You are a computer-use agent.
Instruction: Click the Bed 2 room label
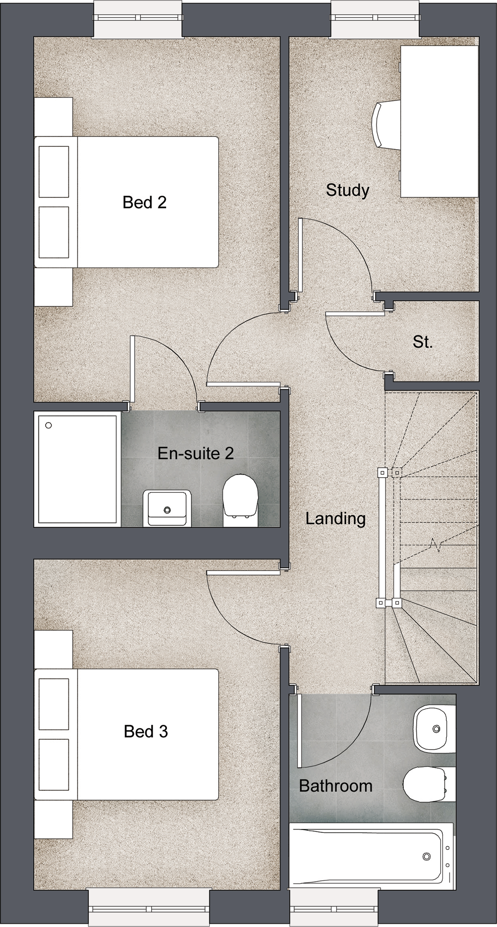(x=145, y=202)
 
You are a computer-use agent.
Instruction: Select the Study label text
(x=347, y=191)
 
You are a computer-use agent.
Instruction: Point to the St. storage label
(x=422, y=342)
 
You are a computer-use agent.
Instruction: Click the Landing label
(x=335, y=519)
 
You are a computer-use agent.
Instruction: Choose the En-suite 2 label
(x=195, y=453)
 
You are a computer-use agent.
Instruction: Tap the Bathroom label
(x=335, y=786)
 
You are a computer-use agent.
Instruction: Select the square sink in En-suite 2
(x=167, y=508)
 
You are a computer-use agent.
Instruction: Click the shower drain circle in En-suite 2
(x=48, y=425)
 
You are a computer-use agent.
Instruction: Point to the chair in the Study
(x=385, y=124)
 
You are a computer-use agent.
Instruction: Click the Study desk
(x=439, y=121)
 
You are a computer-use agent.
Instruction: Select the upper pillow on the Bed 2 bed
(x=54, y=171)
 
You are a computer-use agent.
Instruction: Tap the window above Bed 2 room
(x=138, y=18)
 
